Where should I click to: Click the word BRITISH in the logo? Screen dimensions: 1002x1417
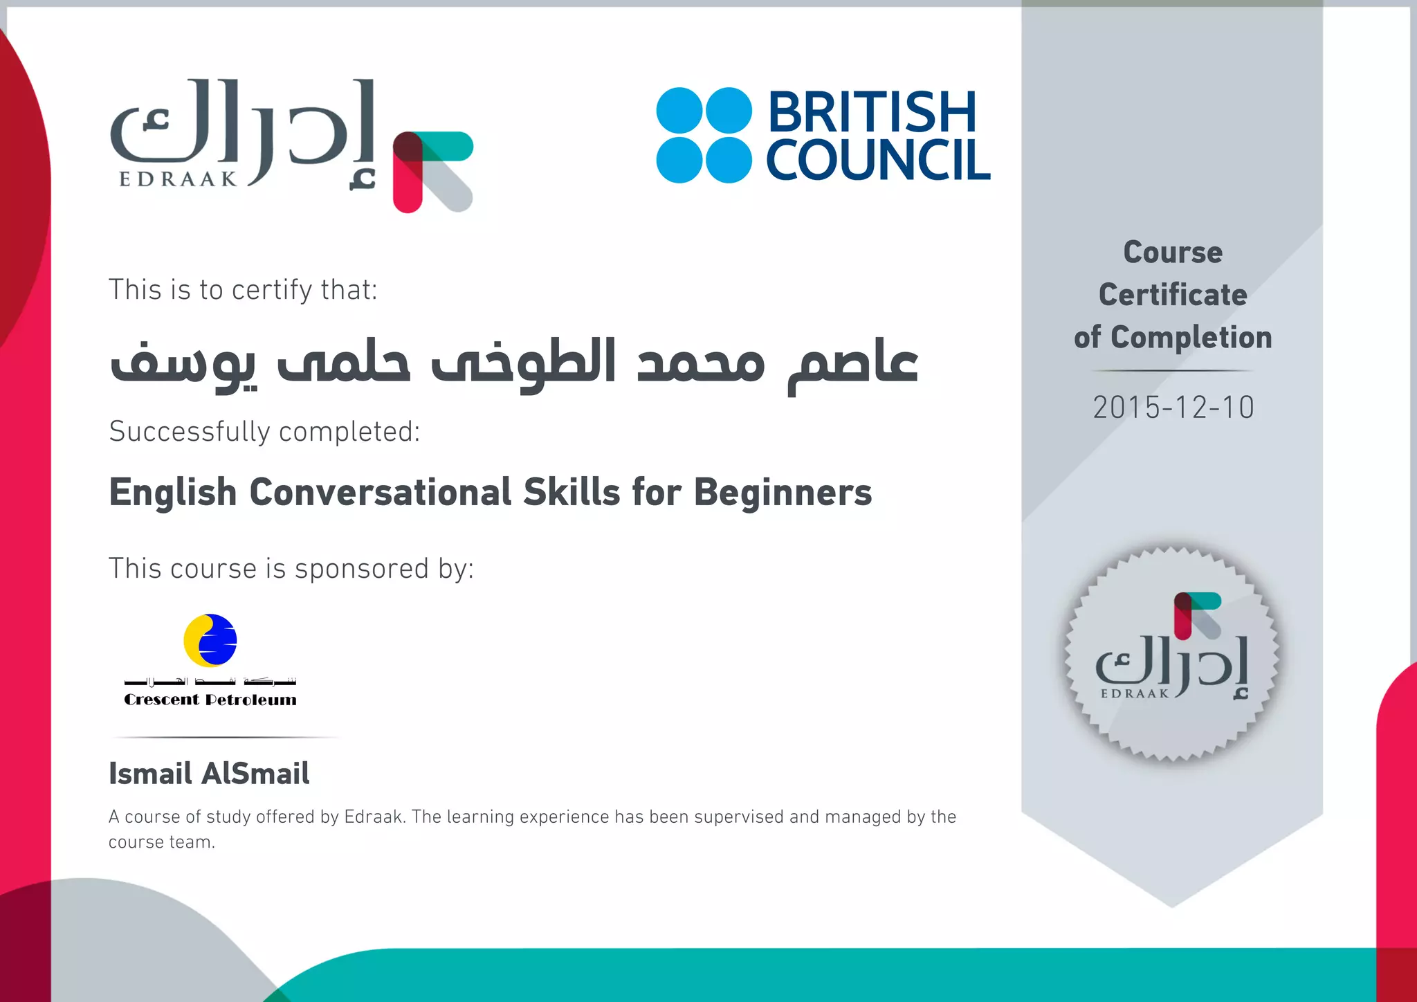872,112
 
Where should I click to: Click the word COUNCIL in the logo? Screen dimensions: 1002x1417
878,161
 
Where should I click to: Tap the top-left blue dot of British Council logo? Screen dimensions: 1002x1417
679,110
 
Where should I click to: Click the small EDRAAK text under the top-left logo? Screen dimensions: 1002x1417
179,179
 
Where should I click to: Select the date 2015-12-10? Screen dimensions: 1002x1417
1173,408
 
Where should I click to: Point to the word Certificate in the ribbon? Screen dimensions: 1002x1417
1173,295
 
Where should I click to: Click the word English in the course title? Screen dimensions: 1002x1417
173,493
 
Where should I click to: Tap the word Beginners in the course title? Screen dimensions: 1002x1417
783,493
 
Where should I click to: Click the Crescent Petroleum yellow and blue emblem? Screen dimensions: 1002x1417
210,640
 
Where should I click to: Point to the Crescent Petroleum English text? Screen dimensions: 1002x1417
210,700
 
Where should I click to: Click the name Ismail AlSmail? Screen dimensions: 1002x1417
209,774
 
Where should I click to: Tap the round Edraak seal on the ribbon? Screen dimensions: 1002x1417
1172,654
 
